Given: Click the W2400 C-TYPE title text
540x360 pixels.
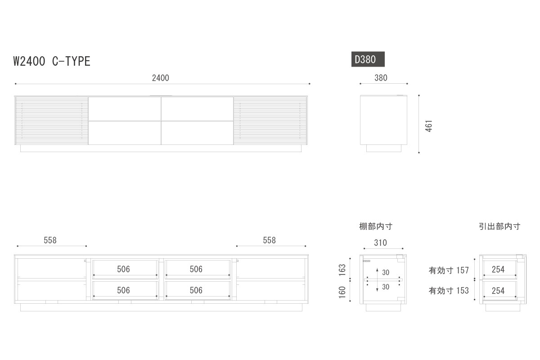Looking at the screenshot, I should [52, 61].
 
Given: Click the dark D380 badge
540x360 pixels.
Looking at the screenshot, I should [368, 59].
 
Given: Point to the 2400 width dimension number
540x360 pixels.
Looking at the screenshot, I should [160, 78].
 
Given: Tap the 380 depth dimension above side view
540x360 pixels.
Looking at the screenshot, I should [381, 78].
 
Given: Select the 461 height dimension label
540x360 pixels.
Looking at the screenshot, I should [429, 126].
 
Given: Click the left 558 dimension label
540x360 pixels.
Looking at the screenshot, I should [50, 240].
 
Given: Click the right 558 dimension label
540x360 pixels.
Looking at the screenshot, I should [269, 240].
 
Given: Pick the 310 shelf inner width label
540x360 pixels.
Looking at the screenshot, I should [380, 243].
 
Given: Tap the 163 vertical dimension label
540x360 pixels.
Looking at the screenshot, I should [342, 270].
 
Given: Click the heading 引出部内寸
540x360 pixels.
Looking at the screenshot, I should [499, 226].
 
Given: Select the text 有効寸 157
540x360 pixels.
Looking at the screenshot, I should [449, 270].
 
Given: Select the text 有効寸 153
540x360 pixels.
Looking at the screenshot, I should [449, 291].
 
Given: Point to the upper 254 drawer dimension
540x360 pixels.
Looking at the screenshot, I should [498, 270].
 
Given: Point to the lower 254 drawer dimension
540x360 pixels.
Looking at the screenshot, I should [498, 291].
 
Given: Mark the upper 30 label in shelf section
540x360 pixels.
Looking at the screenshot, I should [386, 273].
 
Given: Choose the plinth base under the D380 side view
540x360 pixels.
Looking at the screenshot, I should [384, 148].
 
